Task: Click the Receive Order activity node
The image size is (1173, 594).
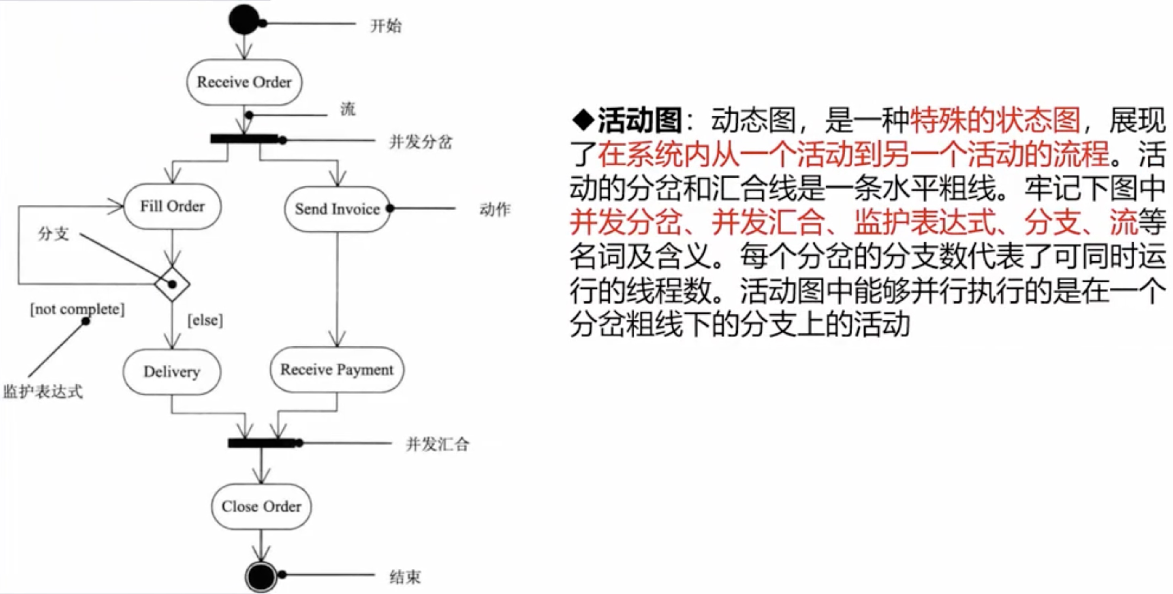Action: [244, 82]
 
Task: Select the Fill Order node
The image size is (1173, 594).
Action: [172, 206]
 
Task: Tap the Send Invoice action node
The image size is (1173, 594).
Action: [337, 209]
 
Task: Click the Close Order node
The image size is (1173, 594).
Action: [261, 506]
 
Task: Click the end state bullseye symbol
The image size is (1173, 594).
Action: [261, 576]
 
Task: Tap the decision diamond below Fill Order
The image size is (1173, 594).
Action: [172, 284]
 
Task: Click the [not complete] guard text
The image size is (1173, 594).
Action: [77, 309]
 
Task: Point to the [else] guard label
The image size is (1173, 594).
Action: [205, 320]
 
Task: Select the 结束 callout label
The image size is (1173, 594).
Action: [405, 577]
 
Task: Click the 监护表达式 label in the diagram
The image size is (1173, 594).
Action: [43, 391]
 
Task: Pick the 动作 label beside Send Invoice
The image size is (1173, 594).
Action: [495, 210]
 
